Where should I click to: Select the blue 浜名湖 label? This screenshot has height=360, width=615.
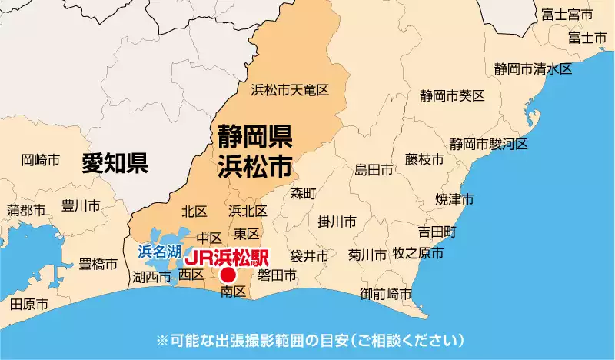(160, 251)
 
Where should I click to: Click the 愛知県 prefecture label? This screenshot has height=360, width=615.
(115, 163)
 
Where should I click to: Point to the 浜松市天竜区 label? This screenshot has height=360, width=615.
(290, 91)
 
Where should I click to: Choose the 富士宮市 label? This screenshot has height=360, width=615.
(567, 15)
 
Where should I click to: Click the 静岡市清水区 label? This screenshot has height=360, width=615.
(533, 69)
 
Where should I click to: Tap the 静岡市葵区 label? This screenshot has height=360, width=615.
(452, 96)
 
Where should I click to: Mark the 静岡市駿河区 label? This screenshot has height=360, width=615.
(489, 144)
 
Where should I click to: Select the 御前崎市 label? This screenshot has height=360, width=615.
(385, 294)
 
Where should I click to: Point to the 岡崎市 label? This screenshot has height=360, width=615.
(41, 160)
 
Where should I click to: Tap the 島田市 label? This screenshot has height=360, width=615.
(374, 169)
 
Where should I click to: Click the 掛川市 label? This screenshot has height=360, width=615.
(337, 222)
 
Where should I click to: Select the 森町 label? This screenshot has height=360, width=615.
(304, 193)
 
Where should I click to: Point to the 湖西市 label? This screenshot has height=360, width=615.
(151, 277)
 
